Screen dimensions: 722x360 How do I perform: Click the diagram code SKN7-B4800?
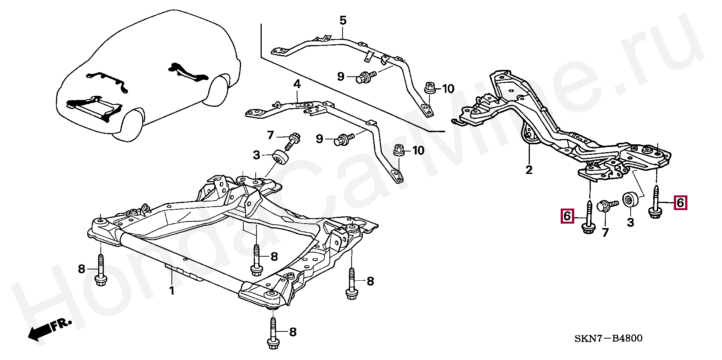pyautogui.click(x=608, y=339)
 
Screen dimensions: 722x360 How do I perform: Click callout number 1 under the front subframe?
pyautogui.click(x=172, y=290)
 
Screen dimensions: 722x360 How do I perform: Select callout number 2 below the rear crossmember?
pyautogui.click(x=529, y=170)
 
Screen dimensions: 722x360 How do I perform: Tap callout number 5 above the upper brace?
pyautogui.click(x=343, y=21)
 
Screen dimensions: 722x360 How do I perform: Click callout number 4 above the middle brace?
pyautogui.click(x=297, y=84)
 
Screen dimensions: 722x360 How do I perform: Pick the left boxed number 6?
pyautogui.click(x=567, y=216)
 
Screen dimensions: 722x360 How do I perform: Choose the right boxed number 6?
pyautogui.click(x=680, y=203)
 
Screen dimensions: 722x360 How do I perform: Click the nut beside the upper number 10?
pyautogui.click(x=430, y=88)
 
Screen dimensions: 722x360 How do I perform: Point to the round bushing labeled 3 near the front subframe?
pyautogui.click(x=281, y=157)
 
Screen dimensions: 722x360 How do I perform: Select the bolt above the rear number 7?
pyautogui.click(x=606, y=207)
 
